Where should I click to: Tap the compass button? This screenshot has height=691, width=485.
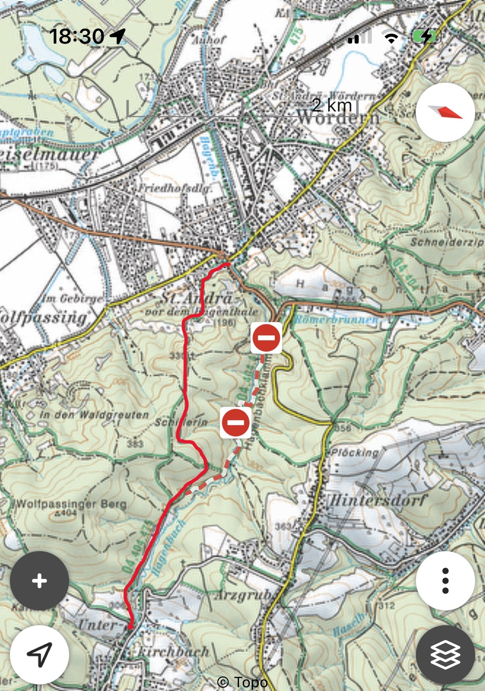pos(445,112)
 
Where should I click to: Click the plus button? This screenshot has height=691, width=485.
pos(39,581)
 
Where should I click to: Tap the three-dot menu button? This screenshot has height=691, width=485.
pos(445,581)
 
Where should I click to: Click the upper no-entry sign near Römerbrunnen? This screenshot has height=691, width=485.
pos(266,338)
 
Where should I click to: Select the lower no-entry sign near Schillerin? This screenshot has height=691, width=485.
pos(236,422)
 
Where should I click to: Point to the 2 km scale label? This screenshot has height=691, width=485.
pos(332,105)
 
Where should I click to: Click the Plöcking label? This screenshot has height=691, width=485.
pos(355,452)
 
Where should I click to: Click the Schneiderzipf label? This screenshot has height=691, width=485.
pos(447,242)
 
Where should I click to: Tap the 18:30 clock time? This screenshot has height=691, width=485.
pos(77,36)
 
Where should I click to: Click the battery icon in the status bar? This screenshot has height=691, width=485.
pos(426,37)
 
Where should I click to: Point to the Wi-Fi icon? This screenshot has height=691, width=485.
pos(391,37)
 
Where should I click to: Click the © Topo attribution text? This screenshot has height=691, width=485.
pos(242,682)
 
